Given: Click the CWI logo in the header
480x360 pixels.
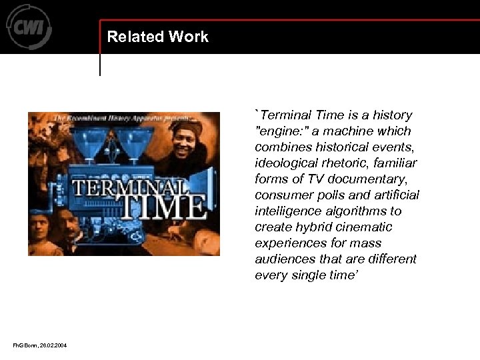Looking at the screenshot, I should point(29,26).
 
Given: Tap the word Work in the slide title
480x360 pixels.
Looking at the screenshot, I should point(189,37).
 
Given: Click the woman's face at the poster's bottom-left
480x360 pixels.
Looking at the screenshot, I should point(40,231).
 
